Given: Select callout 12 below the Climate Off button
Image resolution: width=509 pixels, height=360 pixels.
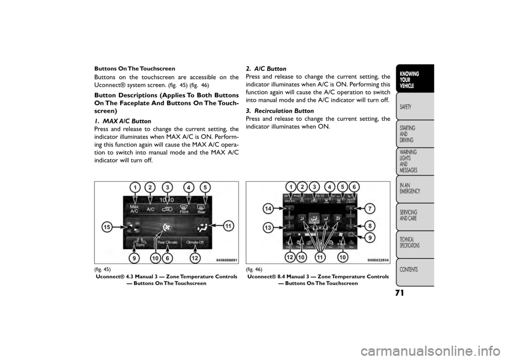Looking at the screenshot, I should pyautogui.click(x=196, y=258).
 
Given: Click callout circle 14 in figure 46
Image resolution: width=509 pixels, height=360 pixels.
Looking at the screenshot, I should pyautogui.click(x=269, y=209).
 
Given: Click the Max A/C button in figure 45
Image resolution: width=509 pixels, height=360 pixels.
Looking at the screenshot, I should pyautogui.click(x=135, y=208).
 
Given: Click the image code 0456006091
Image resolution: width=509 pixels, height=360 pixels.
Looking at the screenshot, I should pyautogui.click(x=226, y=260).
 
